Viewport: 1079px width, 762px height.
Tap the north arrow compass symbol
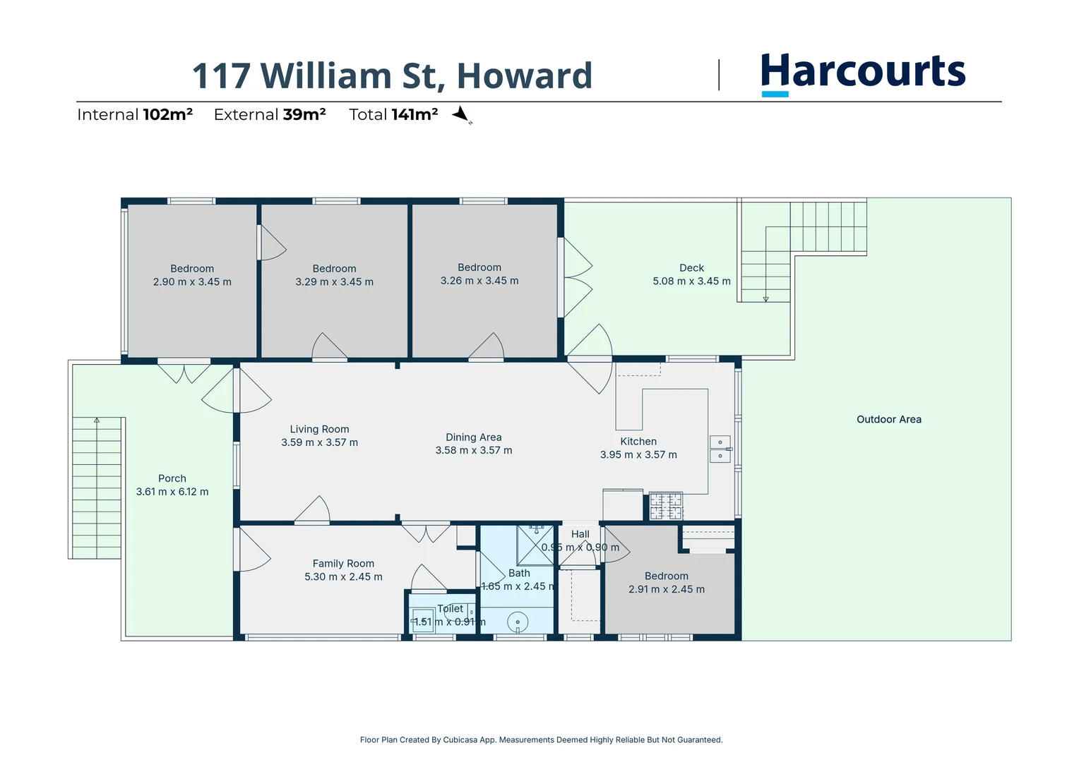pos(461,114)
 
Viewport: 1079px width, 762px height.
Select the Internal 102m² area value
pos(167,114)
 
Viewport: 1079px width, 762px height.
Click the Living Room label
pos(319,429)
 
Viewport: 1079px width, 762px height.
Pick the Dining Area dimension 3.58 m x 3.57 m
pos(474,450)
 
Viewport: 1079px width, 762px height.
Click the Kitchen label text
pos(638,442)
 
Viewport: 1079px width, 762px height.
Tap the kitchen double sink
pos(720,449)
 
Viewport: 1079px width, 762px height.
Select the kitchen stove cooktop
pos(666,506)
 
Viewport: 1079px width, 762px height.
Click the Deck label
pos(691,268)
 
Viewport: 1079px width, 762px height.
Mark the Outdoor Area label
pos(888,419)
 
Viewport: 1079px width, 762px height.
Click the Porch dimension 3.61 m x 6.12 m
pos(172,492)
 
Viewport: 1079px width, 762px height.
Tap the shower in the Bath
pos(535,545)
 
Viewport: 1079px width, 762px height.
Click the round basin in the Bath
pos(518,622)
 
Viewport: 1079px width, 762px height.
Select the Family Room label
pos(343,564)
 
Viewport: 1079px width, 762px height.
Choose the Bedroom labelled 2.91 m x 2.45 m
pos(667,583)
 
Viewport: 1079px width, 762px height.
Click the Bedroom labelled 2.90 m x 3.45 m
pos(192,275)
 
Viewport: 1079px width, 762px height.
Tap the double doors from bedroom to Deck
pos(576,277)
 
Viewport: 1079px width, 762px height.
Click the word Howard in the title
pos(524,76)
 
